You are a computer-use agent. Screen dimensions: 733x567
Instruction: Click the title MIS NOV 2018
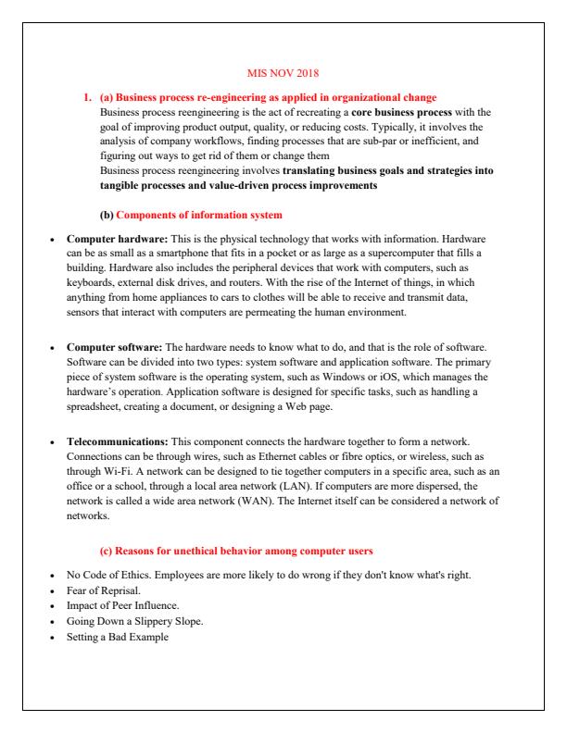tap(283, 70)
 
